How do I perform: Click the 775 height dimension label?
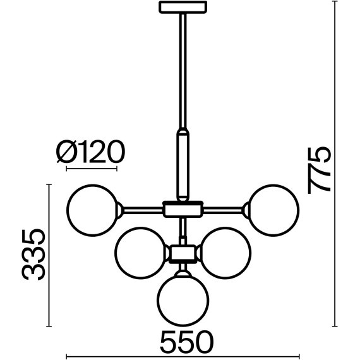(319, 169)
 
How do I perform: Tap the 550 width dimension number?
(184, 342)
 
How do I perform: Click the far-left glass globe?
(92, 208)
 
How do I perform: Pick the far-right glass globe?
(272, 208)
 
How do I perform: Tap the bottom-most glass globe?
(183, 299)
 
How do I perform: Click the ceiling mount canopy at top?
(183, 8)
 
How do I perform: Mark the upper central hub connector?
(183, 208)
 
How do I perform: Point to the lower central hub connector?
(183, 253)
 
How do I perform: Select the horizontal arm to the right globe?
(225, 208)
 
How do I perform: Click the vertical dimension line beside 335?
(49, 255)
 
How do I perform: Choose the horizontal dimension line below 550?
(183, 356)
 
